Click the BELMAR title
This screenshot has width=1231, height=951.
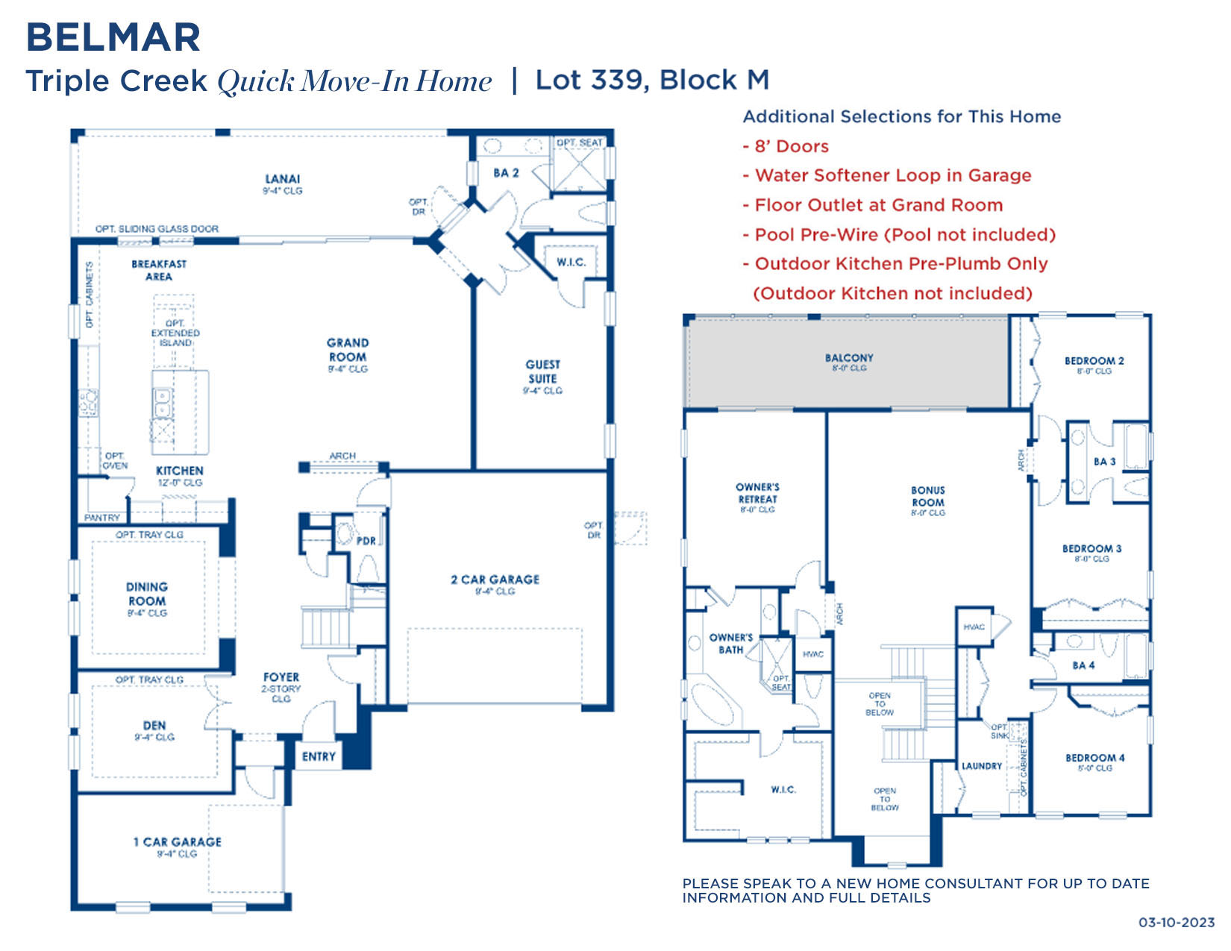[113, 37]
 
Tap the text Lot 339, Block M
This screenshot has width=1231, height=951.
[652, 80]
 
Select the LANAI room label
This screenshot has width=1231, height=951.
[282, 179]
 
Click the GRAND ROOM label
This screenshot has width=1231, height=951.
[348, 350]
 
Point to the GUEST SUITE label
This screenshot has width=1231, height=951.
[542, 371]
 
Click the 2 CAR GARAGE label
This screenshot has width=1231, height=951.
[495, 580]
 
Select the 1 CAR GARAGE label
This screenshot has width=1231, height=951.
[178, 842]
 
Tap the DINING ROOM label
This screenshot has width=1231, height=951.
[147, 594]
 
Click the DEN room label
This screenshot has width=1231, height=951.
[154, 725]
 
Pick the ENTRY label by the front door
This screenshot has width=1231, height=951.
[319, 756]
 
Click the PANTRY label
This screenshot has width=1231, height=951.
[102, 518]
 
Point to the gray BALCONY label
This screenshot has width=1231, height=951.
[848, 358]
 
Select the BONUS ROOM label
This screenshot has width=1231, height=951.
[927, 496]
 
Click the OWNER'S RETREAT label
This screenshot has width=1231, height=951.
[757, 493]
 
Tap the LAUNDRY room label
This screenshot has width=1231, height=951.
[981, 766]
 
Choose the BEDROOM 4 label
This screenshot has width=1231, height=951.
[1094, 758]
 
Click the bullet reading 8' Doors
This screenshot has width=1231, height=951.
[791, 146]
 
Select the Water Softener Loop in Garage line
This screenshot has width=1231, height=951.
[892, 175]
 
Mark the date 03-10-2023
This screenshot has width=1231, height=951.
[1176, 923]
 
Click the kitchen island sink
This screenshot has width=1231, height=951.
[162, 404]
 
